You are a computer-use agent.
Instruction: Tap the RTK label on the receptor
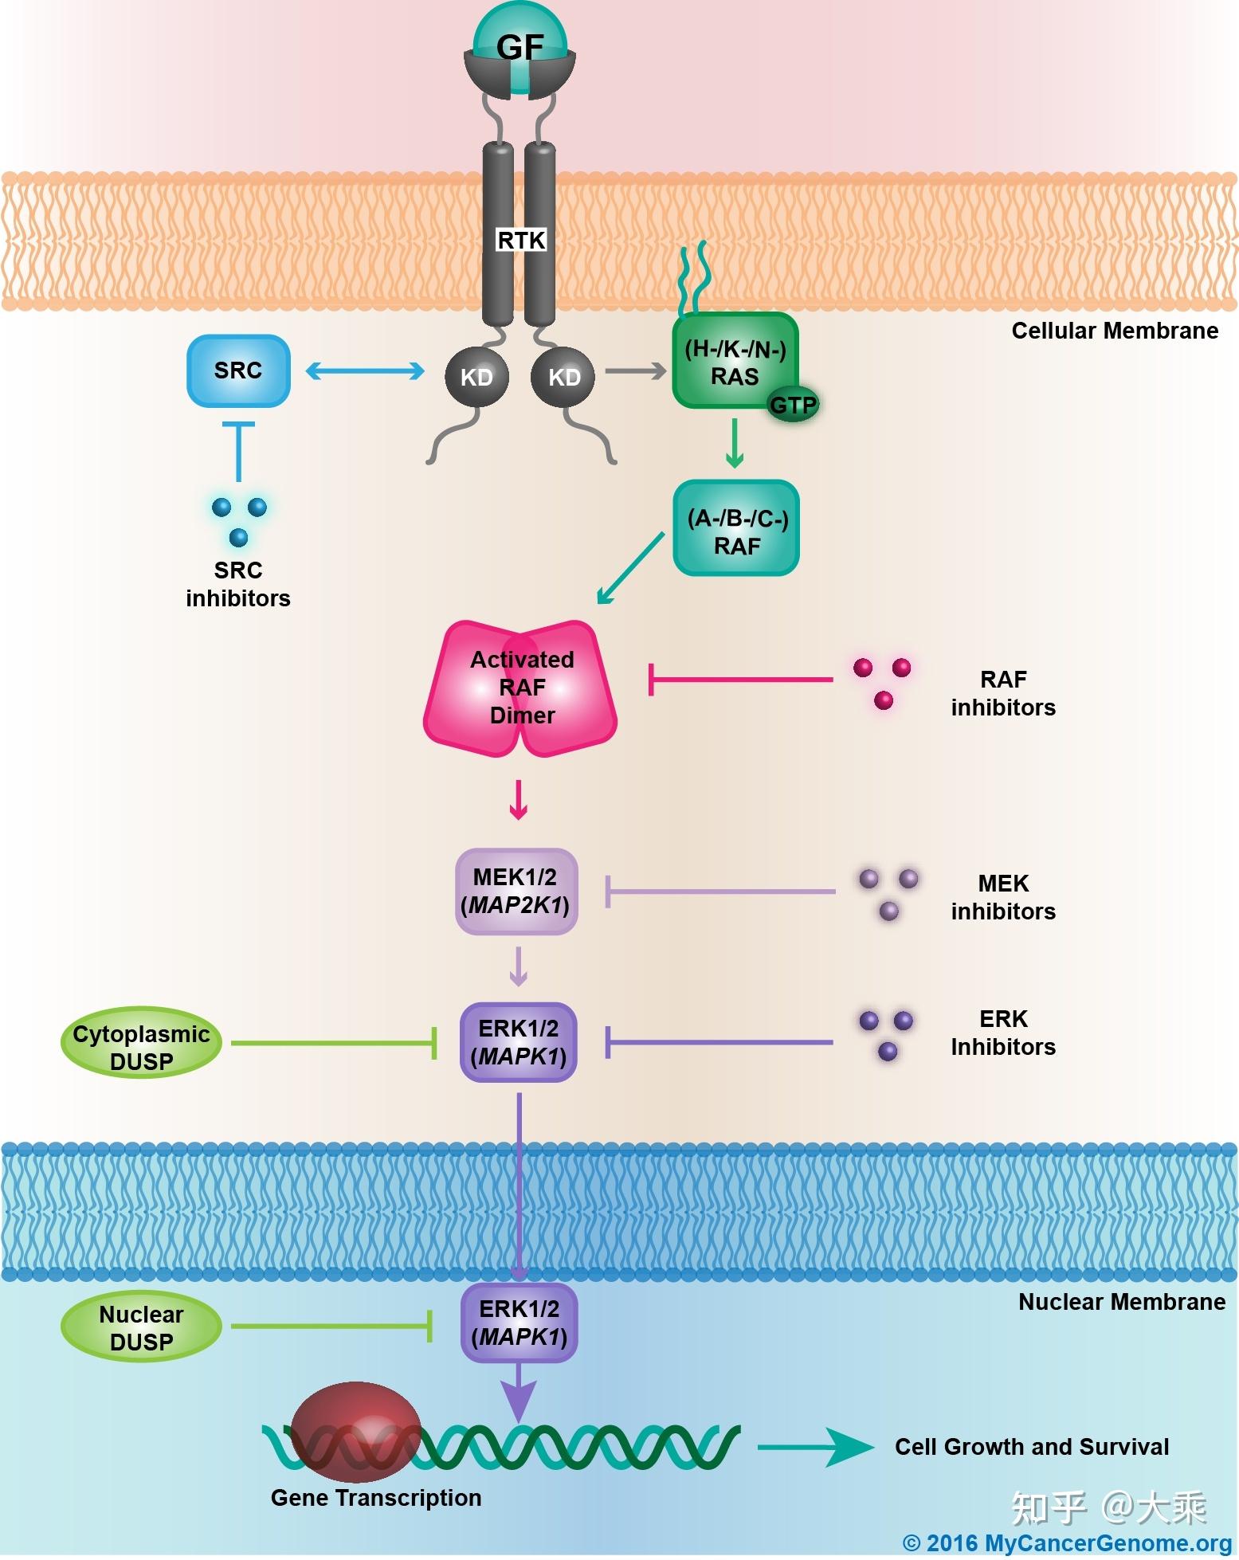point(521,240)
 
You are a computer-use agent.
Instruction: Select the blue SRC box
point(238,370)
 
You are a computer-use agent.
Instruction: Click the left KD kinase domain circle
point(476,377)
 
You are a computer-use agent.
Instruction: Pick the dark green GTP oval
point(793,406)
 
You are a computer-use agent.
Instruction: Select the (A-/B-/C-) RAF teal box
point(736,528)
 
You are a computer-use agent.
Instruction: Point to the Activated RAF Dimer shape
point(521,688)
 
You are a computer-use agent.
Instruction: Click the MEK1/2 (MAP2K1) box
point(516,892)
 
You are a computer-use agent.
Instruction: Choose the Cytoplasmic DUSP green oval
point(141,1042)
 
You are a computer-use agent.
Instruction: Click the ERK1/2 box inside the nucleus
point(519,1323)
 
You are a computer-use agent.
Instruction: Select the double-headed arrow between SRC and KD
point(365,370)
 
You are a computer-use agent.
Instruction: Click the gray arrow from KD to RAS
point(635,370)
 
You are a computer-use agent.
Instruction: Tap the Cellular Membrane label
point(1114,331)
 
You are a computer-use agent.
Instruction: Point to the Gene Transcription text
point(376,1498)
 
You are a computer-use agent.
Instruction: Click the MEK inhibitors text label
point(1003,897)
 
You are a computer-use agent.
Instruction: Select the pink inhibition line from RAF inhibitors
point(741,680)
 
